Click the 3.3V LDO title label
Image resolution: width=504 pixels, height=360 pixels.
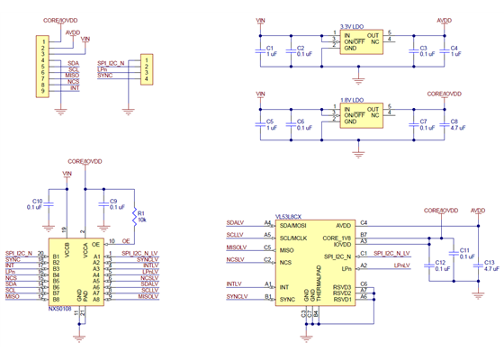point(353,26)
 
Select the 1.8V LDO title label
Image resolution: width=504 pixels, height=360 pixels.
point(353,100)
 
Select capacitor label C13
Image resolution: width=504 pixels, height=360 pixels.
point(489,261)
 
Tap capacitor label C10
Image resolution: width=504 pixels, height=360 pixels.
point(37,201)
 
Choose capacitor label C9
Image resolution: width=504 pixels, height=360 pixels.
point(112,201)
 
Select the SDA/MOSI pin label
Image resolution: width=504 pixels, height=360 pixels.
point(294,225)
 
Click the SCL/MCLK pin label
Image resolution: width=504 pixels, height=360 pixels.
point(294,238)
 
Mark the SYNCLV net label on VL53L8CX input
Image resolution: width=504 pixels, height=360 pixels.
point(237,296)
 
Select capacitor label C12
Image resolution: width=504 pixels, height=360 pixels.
point(440,261)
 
